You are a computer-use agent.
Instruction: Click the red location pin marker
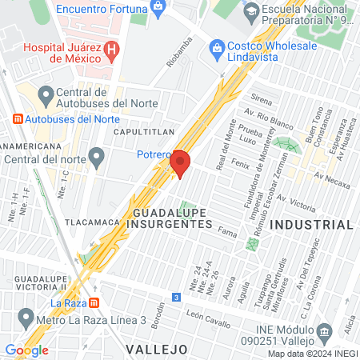(180, 162)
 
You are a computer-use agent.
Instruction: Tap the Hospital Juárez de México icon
(112, 49)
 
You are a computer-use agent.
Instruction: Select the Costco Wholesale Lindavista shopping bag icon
(216, 50)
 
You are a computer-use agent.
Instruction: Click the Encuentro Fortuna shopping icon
(158, 7)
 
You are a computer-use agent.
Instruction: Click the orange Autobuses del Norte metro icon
(18, 118)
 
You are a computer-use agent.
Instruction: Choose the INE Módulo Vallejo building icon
(324, 332)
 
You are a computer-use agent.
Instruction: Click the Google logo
(26, 350)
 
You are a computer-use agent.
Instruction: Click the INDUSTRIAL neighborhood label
(311, 225)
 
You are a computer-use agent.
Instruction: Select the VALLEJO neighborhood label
(156, 350)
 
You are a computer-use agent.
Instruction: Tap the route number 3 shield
(175, 296)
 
